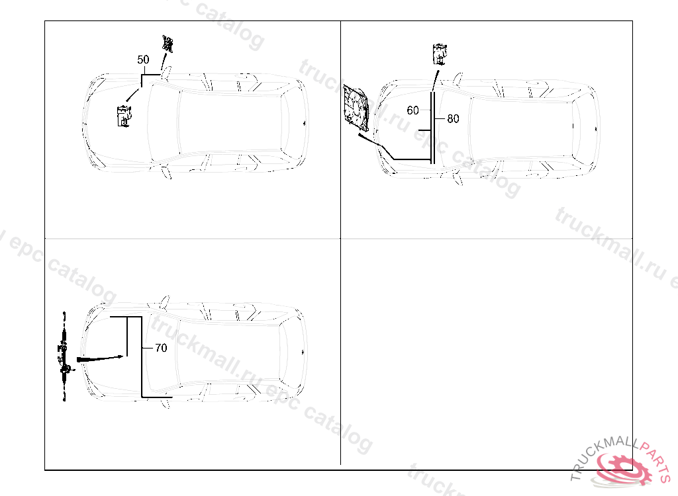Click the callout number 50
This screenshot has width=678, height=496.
(143, 60)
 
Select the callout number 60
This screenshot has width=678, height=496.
(413, 110)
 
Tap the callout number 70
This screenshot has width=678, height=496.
(161, 348)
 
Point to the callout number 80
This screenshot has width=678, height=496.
(453, 118)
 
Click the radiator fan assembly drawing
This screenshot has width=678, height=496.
(356, 108)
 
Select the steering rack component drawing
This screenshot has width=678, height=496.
(64, 356)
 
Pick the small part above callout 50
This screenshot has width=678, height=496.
(168, 44)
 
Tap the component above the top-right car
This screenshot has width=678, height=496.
(440, 54)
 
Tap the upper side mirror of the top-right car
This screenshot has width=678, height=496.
(458, 79)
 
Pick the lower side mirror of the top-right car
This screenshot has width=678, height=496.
(458, 179)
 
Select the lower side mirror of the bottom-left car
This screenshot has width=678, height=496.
(164, 403)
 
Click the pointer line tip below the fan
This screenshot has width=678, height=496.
(360, 135)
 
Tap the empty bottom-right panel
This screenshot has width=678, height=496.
(487, 352)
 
